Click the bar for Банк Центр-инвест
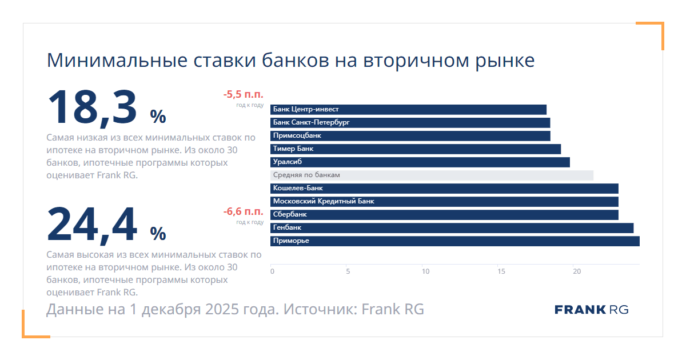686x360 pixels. pos(408,110)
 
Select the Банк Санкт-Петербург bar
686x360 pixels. pos(410,123)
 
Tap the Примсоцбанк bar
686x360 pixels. pos(410,136)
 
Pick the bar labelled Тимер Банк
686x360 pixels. pos(416,149)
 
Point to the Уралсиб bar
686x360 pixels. pos(420,162)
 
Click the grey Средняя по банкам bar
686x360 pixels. pos(432,175)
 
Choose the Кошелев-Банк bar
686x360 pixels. pos(444,189)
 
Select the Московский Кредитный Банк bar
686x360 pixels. pos(444,202)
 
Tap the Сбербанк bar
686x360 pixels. pos(444,215)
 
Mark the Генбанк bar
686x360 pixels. pos(452,228)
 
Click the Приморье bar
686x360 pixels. pos(455,241)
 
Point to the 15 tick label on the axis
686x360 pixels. pos(501,271)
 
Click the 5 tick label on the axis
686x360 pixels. pos(348,271)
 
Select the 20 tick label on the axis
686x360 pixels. pos(577,271)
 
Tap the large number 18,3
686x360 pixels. pos(92,108)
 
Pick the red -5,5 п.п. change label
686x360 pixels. pos(244,94)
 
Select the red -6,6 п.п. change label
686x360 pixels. pos(244,211)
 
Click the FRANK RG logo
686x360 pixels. pos(591,310)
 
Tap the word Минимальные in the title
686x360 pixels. pos(117,61)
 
